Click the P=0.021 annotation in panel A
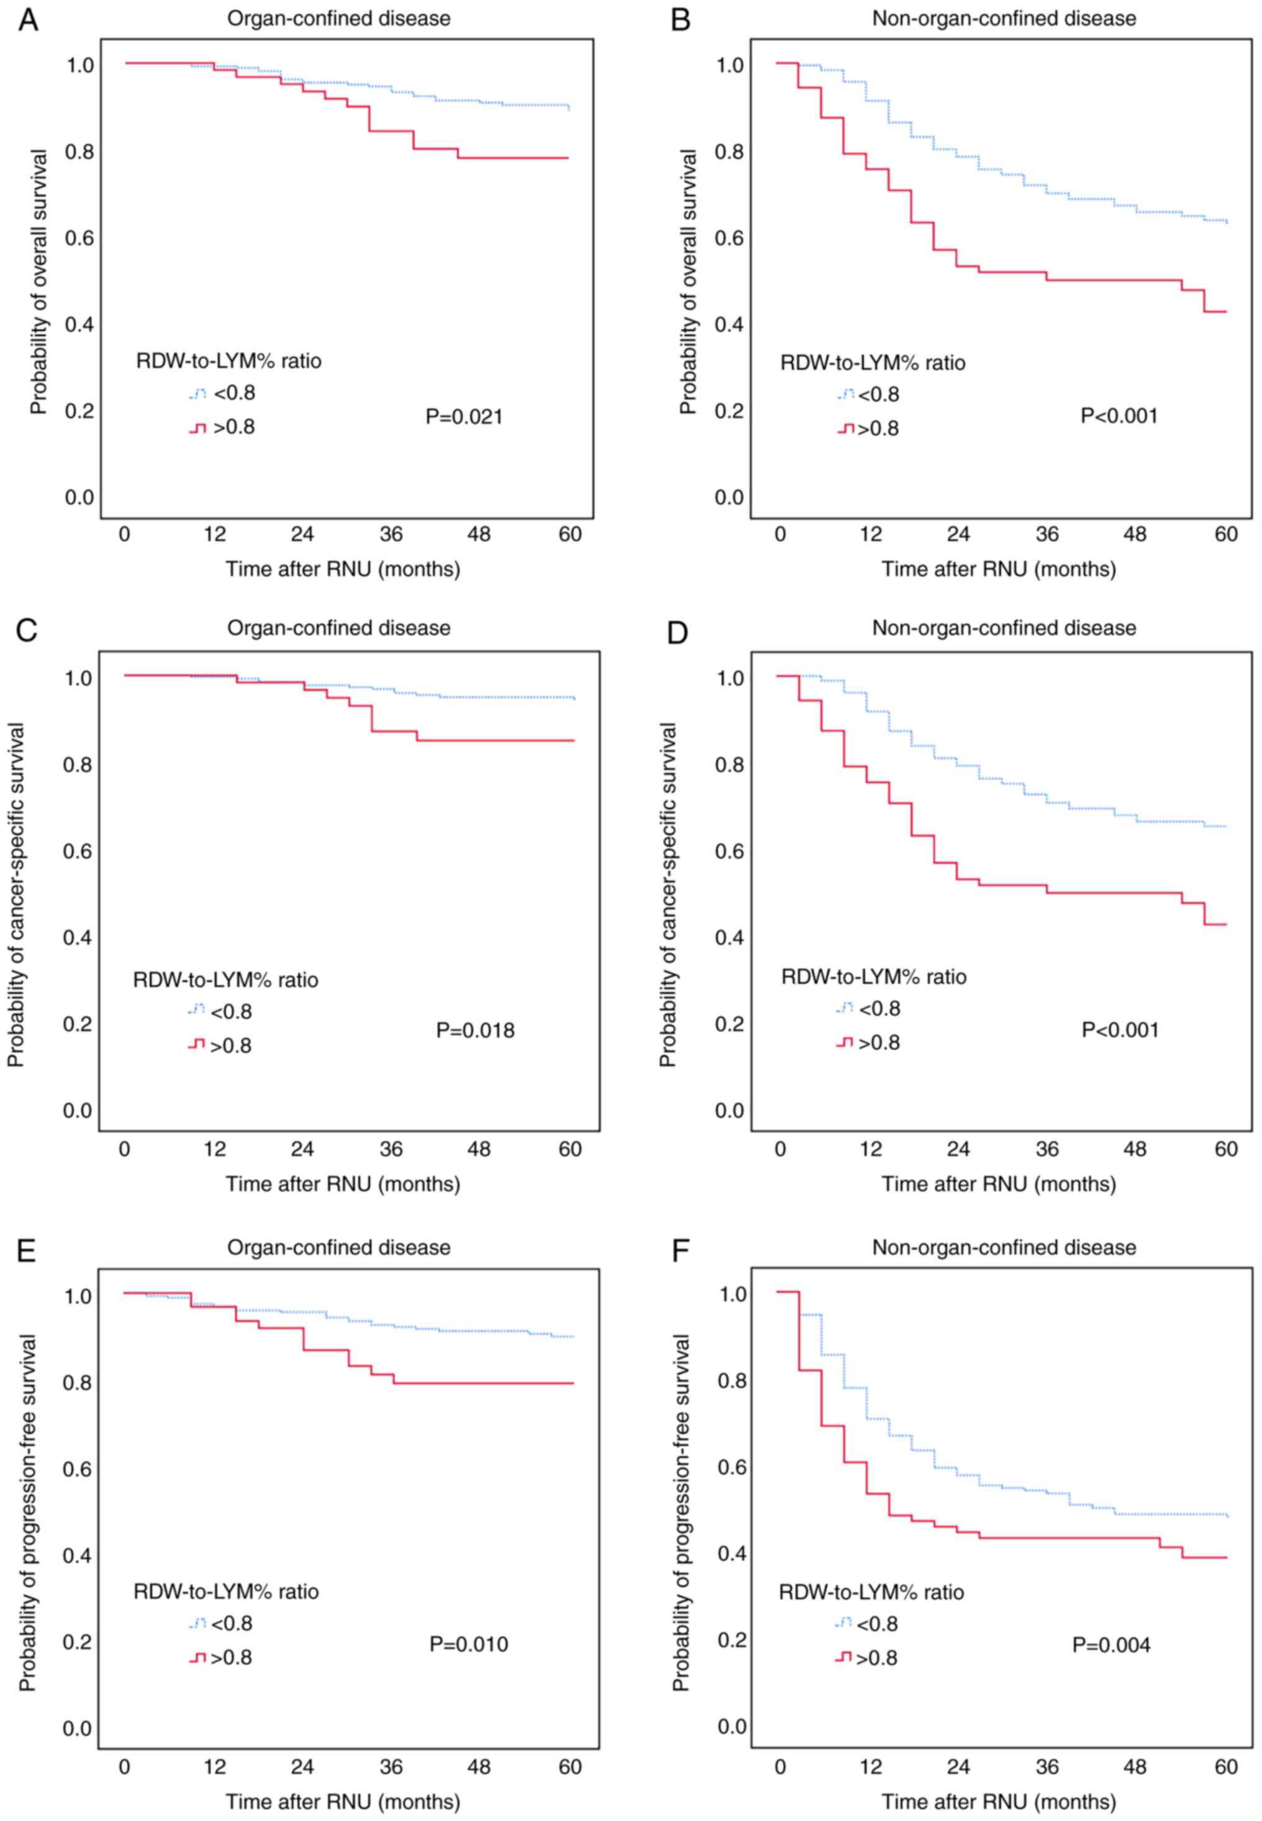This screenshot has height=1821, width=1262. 464,417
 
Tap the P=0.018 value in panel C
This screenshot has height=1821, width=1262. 475,1030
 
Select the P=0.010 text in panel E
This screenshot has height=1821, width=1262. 469,1644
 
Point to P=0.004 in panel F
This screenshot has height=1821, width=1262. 1111,1644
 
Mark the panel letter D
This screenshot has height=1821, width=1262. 678,633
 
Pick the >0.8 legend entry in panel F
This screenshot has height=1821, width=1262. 876,1658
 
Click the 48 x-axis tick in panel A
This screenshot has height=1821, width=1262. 479,534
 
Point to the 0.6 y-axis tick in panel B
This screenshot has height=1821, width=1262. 730,238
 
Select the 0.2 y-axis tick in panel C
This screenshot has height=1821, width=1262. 78,1024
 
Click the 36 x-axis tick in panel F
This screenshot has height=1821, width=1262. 1047,1766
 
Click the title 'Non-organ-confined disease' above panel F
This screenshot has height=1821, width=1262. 1004,1247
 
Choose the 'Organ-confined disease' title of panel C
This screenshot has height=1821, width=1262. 338,628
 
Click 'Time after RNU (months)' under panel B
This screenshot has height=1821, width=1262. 999,569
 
